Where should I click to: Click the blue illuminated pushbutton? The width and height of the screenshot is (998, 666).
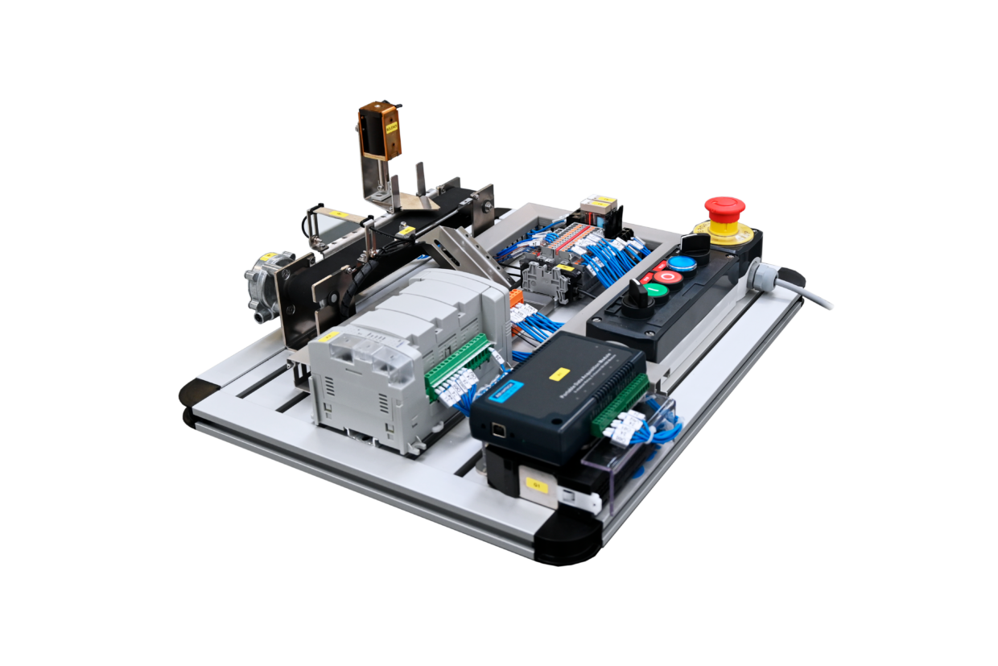tap(682, 263)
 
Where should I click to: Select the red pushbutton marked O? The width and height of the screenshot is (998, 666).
tap(668, 277)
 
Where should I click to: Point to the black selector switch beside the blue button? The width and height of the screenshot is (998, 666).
tap(698, 242)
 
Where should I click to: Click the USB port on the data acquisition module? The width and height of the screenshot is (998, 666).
tap(500, 429)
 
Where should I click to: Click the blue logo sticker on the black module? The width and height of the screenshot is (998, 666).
tap(506, 392)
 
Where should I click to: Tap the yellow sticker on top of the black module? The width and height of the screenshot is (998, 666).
tap(559, 374)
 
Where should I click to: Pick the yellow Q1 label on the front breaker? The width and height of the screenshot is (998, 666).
tap(535, 485)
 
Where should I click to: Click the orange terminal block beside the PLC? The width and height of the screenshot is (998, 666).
tap(516, 297)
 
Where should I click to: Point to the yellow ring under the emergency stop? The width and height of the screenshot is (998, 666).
tap(724, 234)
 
